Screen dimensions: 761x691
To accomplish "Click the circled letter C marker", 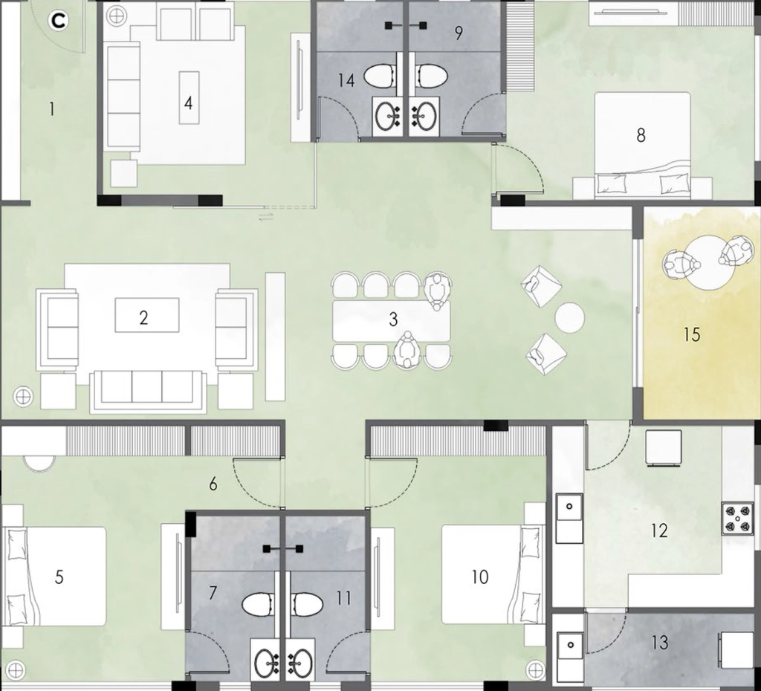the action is [59, 21].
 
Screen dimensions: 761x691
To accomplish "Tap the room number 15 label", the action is [692, 334].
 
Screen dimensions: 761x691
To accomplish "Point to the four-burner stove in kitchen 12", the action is [736, 519].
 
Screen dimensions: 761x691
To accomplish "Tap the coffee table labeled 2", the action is [146, 315].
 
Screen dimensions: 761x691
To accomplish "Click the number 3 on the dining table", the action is [393, 319].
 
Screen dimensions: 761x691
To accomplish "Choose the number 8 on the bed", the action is [641, 135].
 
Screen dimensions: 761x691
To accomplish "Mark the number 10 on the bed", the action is [479, 577].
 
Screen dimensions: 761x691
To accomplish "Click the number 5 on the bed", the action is [59, 577].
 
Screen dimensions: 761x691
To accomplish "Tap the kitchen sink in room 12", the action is [569, 519].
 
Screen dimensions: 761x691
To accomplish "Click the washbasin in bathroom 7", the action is [267, 662].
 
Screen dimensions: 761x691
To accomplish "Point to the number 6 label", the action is [213, 484].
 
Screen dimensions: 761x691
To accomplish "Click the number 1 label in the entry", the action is [51, 110].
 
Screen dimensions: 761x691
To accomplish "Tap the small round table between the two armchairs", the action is [570, 318].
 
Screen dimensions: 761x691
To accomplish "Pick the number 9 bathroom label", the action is [459, 33].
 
